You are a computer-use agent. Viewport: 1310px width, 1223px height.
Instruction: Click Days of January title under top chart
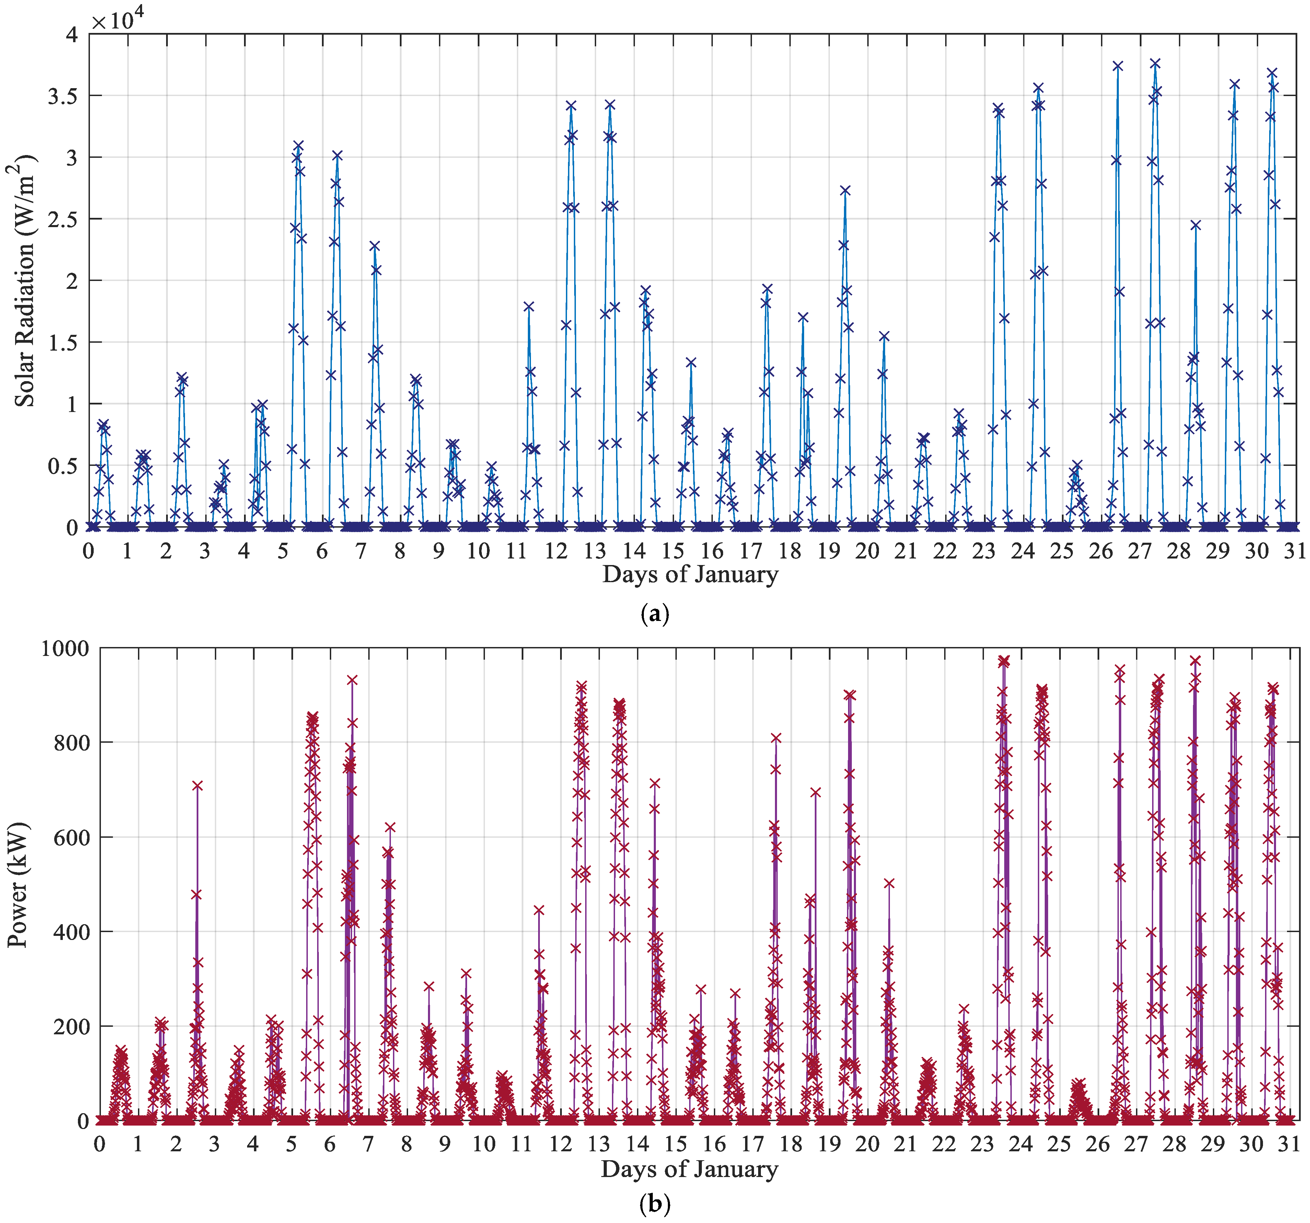coord(690,574)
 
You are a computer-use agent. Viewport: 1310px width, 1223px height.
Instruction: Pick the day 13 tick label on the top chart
coord(595,551)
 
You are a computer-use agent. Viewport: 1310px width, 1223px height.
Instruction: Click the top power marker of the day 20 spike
coord(889,883)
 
